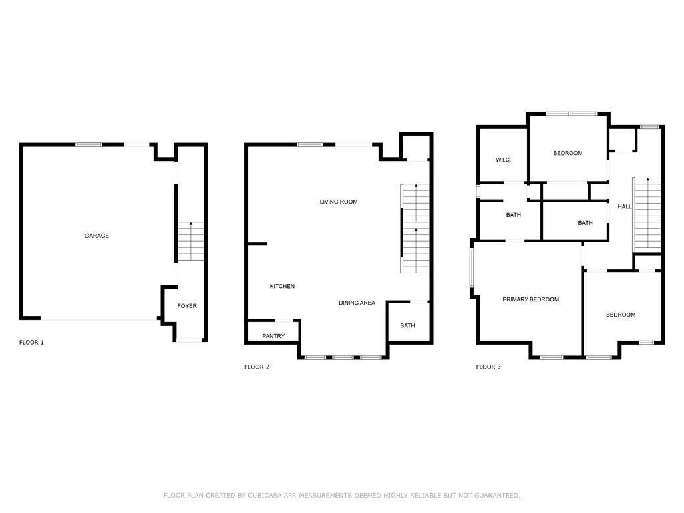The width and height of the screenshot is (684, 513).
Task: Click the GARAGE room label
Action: (x=96, y=236)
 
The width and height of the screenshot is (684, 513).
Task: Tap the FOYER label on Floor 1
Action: (x=187, y=306)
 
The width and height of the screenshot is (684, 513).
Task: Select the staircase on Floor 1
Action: (x=191, y=241)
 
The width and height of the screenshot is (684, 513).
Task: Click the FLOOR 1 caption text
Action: (x=31, y=343)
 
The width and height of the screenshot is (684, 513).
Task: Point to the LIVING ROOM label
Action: (x=338, y=202)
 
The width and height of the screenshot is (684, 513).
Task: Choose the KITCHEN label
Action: (x=282, y=287)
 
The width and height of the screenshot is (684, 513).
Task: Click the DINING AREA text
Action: (x=357, y=303)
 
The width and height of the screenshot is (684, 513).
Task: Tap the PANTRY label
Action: (x=273, y=336)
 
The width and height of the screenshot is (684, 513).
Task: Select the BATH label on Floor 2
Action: (x=407, y=326)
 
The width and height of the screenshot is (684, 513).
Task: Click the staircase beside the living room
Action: (x=415, y=228)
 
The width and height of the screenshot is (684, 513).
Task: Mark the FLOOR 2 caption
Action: (x=257, y=367)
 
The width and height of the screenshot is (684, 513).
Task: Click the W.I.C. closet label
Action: (x=503, y=160)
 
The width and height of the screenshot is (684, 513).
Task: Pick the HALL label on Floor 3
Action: (x=625, y=207)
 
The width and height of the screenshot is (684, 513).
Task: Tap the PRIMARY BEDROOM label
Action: (x=530, y=299)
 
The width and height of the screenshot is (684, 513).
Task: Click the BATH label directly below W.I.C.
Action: (x=513, y=215)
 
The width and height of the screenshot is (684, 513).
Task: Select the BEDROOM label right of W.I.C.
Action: (x=568, y=153)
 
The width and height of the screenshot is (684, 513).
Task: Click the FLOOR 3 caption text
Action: (x=488, y=367)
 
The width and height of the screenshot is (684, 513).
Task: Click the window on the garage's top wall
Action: (x=88, y=144)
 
